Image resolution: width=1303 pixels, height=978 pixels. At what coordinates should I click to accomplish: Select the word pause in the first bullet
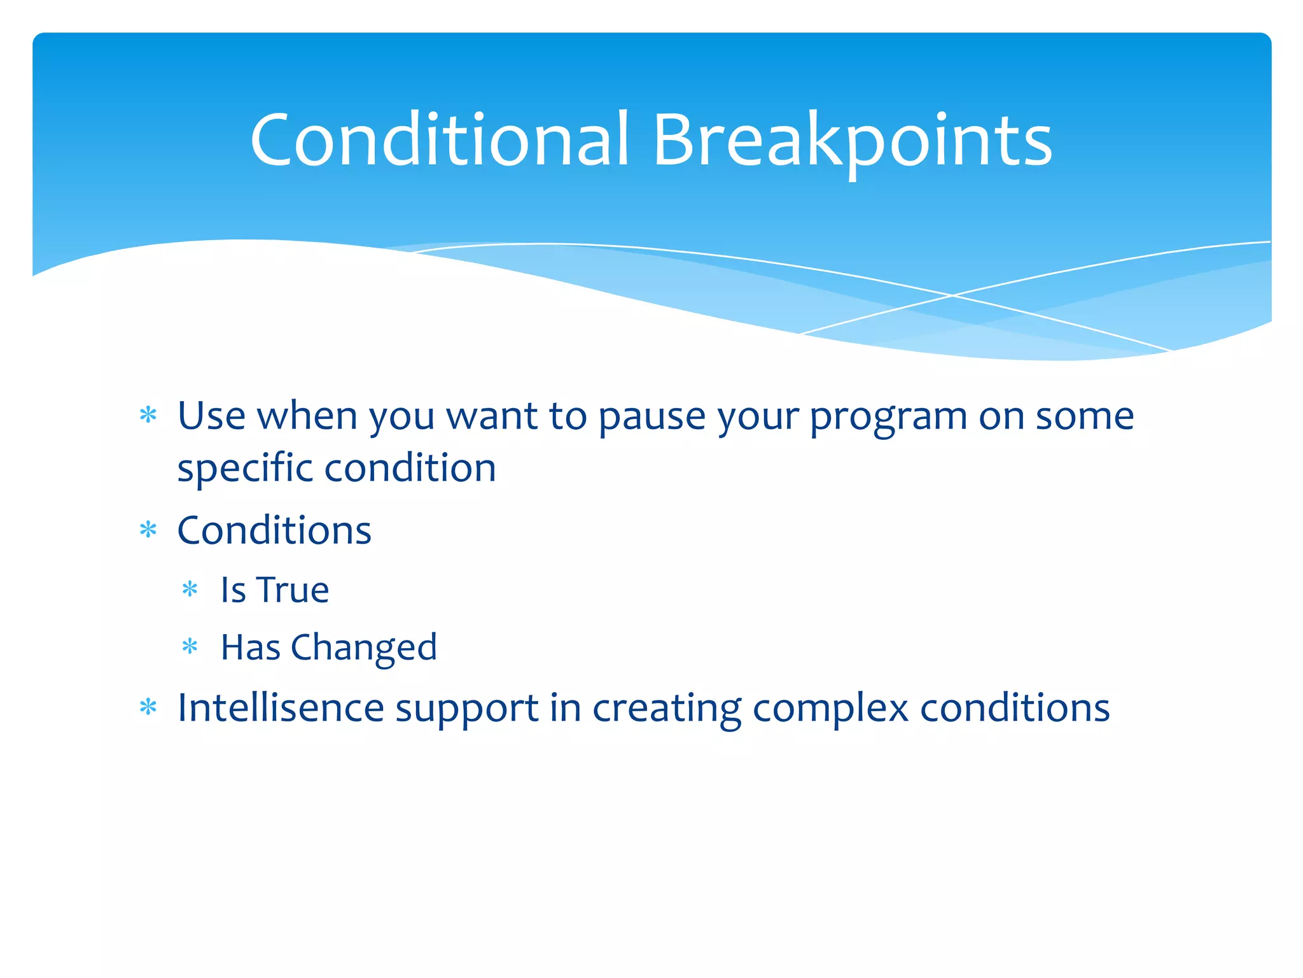coord(651,417)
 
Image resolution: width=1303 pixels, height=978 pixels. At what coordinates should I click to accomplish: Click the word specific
coord(245,469)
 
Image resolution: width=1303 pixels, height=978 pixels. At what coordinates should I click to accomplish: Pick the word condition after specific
coord(410,468)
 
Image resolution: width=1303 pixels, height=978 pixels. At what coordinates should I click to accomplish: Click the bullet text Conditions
coord(274,530)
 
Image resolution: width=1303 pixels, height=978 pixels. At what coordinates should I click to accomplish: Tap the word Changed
coord(364,648)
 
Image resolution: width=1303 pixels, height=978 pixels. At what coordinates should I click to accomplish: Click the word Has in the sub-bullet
coord(250,648)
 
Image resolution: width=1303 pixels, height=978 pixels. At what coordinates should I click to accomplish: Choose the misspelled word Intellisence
coord(281,707)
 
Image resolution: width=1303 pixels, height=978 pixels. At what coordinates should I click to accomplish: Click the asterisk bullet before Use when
coord(148,416)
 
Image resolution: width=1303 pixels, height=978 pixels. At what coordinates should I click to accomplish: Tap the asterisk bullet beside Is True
coord(190,590)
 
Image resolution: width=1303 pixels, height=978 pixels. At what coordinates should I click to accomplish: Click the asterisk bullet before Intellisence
coord(148,707)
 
